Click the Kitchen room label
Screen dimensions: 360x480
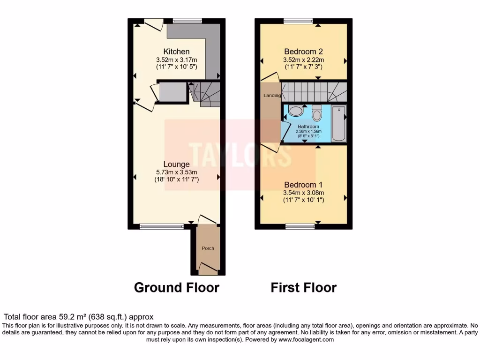(176, 51)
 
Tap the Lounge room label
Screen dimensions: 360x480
(176, 164)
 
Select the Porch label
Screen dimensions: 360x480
(208, 248)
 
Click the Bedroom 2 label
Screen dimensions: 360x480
(303, 51)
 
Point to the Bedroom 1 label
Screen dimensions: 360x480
(303, 185)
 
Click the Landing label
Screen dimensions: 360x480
(272, 96)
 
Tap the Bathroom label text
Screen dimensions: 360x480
(308, 127)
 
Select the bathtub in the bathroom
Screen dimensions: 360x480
(338, 124)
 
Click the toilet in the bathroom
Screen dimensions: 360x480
(317, 114)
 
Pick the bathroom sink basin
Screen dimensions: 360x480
(295, 111)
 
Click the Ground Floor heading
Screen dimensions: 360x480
(177, 287)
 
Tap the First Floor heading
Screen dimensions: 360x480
(303, 287)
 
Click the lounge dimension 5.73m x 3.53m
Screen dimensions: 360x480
(176, 172)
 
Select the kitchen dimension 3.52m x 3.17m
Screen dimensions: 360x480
(176, 60)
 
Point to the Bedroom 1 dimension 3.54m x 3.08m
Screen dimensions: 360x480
(303, 193)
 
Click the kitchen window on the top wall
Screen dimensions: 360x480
(187, 21)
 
